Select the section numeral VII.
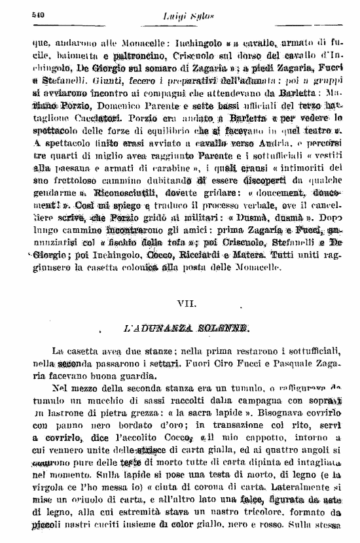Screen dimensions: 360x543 point(185,304)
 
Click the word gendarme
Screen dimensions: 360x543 point(49,195)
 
